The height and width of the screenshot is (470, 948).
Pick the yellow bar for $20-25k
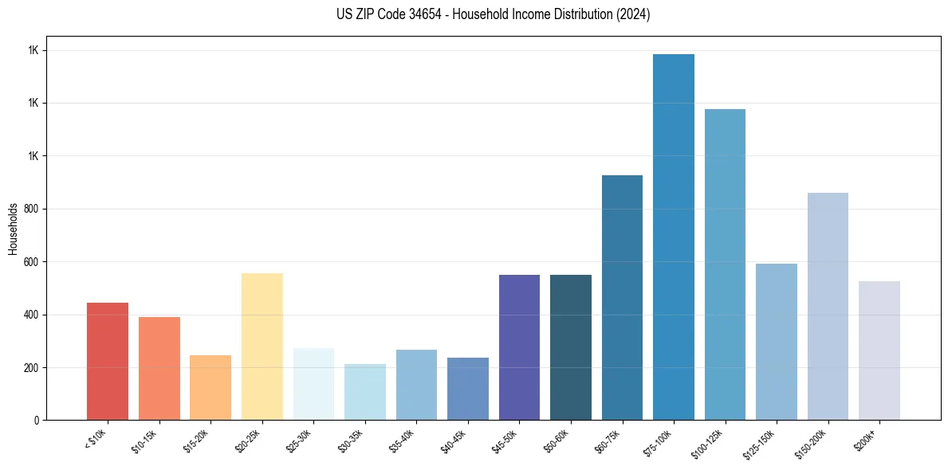coord(262,347)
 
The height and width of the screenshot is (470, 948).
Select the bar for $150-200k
coord(828,306)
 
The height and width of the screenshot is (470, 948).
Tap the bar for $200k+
coord(879,351)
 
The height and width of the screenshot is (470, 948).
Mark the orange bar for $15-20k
coord(210,387)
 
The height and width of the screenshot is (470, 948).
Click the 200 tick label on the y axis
coord(32,367)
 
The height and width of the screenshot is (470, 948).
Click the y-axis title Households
coord(13,228)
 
